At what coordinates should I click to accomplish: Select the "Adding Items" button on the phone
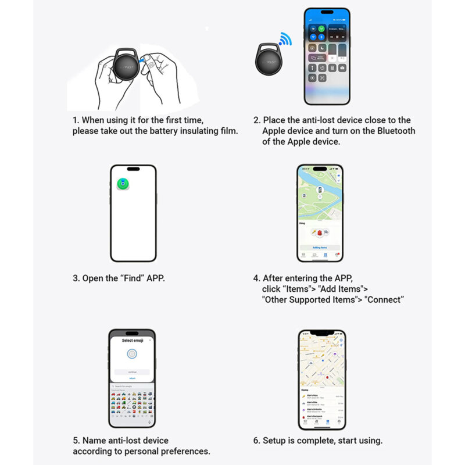pyautogui.click(x=320, y=247)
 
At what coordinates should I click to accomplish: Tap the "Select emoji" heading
pyautogui.click(x=132, y=340)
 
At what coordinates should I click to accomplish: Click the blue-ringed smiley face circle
pyautogui.click(x=132, y=353)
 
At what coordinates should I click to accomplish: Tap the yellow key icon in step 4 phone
pyautogui.click(x=312, y=233)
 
